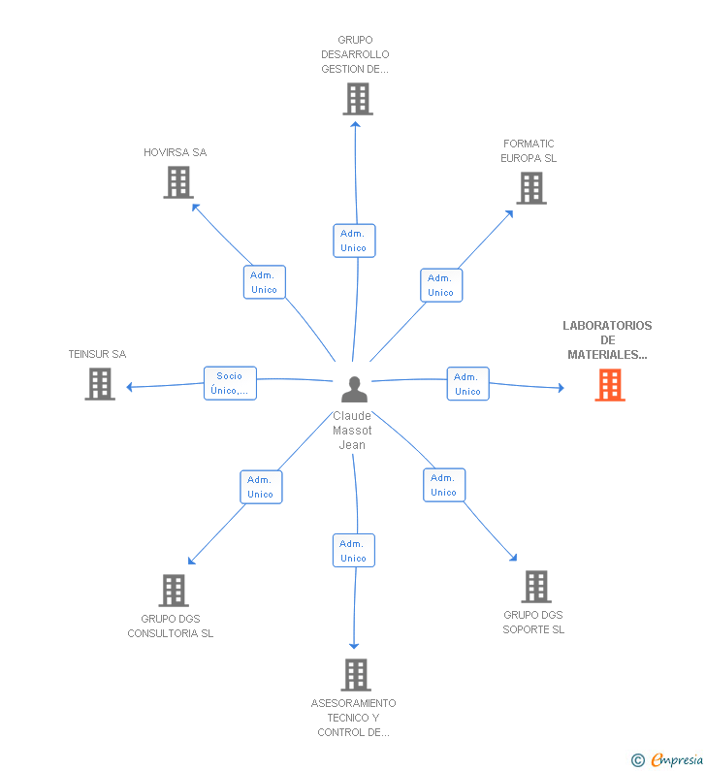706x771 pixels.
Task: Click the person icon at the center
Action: click(x=355, y=389)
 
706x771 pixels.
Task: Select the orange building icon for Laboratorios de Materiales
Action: click(x=610, y=385)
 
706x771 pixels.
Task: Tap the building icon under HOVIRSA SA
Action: click(x=178, y=182)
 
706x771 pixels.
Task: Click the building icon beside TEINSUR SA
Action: click(x=100, y=384)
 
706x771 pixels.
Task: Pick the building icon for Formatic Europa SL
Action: click(x=531, y=188)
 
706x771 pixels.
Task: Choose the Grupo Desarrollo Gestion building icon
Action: click(x=358, y=99)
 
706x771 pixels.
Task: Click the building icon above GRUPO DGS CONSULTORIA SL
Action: click(x=174, y=590)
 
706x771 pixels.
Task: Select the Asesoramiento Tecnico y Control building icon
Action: click(x=356, y=675)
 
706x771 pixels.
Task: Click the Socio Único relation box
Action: click(x=230, y=383)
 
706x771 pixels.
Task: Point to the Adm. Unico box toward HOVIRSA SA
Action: click(x=264, y=282)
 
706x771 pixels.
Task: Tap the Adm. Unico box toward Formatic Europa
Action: click(x=440, y=285)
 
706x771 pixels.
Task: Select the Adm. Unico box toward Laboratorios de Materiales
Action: click(x=467, y=384)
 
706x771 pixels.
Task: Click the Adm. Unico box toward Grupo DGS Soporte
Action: click(x=443, y=485)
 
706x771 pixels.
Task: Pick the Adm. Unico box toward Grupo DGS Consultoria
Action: click(x=260, y=487)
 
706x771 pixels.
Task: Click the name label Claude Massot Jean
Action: click(x=352, y=431)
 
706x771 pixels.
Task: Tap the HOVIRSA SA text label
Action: click(x=176, y=152)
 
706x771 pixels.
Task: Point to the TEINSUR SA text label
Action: click(x=97, y=354)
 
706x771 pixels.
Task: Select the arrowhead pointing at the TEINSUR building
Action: click(x=130, y=387)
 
